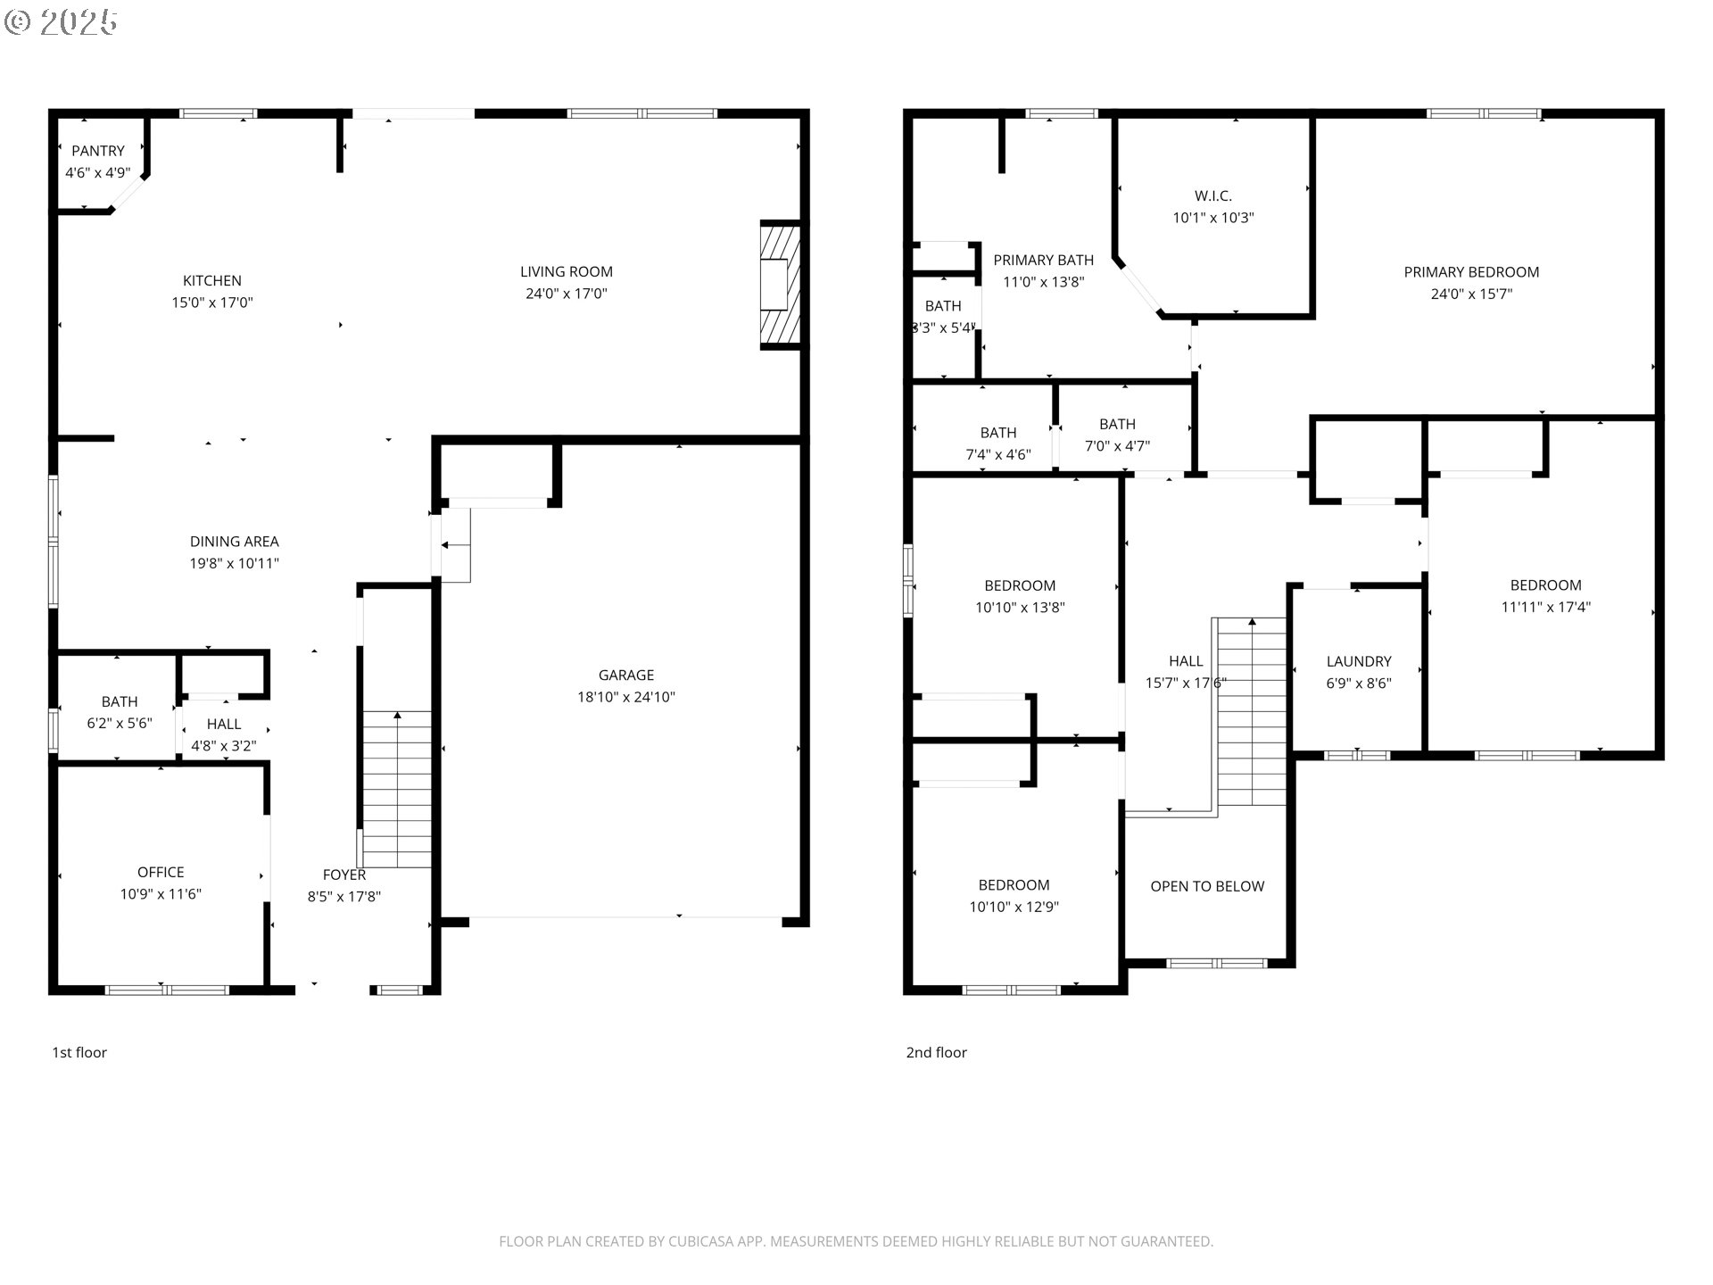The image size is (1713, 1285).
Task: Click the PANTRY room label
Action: (98, 151)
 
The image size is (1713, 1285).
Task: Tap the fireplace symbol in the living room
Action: (779, 285)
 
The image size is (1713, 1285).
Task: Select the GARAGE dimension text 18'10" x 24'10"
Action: (626, 697)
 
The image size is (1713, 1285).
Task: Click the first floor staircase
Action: (397, 789)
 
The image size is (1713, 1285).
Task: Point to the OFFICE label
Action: (161, 872)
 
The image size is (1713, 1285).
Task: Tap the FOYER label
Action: (344, 875)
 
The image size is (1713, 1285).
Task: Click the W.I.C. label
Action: (1212, 195)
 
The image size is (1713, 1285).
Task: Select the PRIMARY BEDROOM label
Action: (1471, 272)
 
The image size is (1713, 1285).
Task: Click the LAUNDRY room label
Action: (1358, 661)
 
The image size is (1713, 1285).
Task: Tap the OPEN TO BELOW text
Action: (1207, 886)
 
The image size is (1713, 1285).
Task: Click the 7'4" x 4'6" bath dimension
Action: (998, 454)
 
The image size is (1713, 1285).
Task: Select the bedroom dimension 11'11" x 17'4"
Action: (1545, 607)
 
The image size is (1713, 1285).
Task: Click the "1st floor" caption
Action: (79, 1052)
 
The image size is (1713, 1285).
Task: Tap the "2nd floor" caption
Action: (936, 1052)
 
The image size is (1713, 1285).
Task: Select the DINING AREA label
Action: (234, 542)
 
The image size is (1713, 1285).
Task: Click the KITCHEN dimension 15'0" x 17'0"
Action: (212, 303)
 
